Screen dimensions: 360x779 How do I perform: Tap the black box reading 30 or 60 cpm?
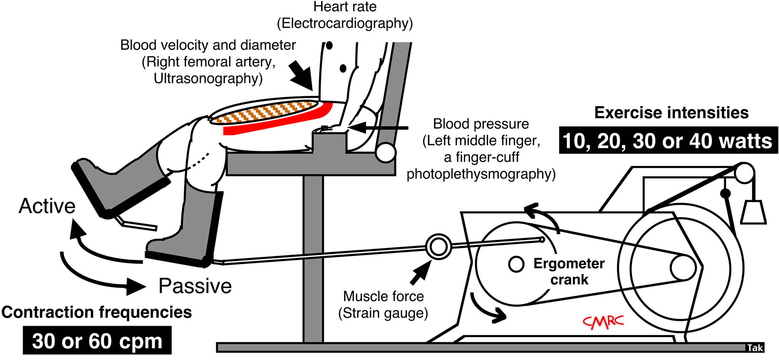tap(97, 341)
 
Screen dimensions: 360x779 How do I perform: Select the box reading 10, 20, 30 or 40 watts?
tap(668, 141)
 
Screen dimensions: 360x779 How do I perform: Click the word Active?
tap(47, 207)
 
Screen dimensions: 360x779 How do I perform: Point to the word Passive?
tap(195, 286)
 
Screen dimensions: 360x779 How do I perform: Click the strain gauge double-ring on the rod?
tap(438, 246)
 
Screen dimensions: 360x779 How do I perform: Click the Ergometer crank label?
tap(569, 271)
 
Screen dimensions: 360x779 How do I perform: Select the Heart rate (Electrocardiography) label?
tap(345, 15)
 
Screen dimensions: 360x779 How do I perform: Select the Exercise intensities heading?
tap(671, 113)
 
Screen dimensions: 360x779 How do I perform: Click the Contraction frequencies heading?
tap(97, 312)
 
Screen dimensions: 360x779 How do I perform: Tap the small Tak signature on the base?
tap(755, 348)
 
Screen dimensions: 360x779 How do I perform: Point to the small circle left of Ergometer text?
tap(516, 264)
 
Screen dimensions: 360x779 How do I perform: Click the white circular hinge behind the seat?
tap(385, 153)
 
